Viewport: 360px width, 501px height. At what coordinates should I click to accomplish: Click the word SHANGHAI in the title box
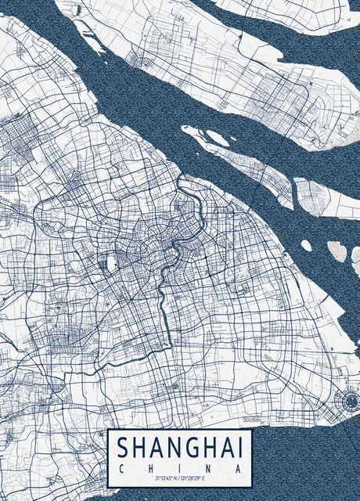(179, 448)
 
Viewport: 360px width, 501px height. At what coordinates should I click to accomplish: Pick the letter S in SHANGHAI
(124, 448)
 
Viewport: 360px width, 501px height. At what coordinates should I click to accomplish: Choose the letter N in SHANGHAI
(167, 448)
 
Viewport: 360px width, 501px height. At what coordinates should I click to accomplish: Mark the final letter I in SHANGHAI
(239, 448)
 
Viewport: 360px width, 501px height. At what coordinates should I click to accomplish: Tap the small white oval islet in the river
(306, 246)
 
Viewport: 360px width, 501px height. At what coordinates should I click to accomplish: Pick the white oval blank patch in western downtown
(110, 264)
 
